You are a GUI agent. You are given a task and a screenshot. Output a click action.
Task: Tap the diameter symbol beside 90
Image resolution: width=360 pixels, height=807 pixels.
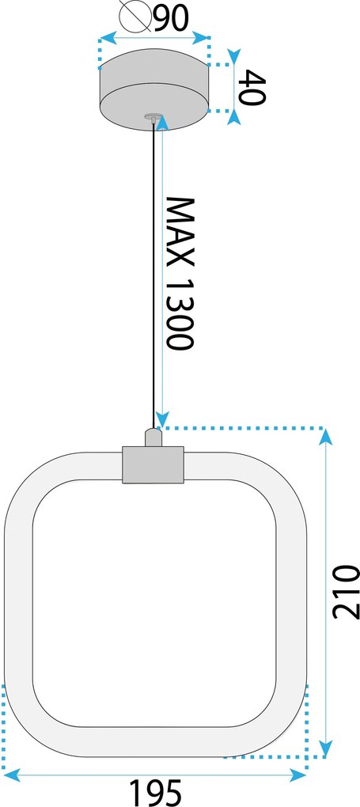(135, 17)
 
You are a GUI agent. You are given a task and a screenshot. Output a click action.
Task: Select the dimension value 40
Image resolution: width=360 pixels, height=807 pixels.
(253, 88)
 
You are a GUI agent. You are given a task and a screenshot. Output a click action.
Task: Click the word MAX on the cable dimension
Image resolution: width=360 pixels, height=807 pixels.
(180, 231)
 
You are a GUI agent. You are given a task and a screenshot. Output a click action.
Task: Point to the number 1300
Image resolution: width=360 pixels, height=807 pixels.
(180, 314)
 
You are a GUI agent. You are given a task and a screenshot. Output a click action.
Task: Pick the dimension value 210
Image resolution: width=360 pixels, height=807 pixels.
(345, 592)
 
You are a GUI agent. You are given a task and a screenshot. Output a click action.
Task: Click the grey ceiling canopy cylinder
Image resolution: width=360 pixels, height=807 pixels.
(154, 90)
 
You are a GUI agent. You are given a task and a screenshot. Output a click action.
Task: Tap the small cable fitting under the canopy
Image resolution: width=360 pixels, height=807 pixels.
(153, 117)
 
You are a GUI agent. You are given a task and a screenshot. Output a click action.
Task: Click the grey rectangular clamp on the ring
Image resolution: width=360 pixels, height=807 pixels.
(153, 464)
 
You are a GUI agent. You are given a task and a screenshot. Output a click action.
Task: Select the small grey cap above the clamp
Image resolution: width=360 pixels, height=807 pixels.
(153, 437)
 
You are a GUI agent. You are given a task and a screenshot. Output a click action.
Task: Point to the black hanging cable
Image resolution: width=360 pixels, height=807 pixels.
(153, 275)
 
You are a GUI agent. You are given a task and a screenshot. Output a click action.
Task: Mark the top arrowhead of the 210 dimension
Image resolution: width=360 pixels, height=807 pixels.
(325, 437)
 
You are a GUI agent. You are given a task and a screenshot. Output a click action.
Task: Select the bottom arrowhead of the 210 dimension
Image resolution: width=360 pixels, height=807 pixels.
(325, 748)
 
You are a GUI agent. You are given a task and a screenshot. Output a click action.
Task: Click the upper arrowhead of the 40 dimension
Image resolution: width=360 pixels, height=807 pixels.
(234, 57)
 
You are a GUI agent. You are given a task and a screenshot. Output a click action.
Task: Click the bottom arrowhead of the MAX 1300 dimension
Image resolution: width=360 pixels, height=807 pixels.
(162, 419)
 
